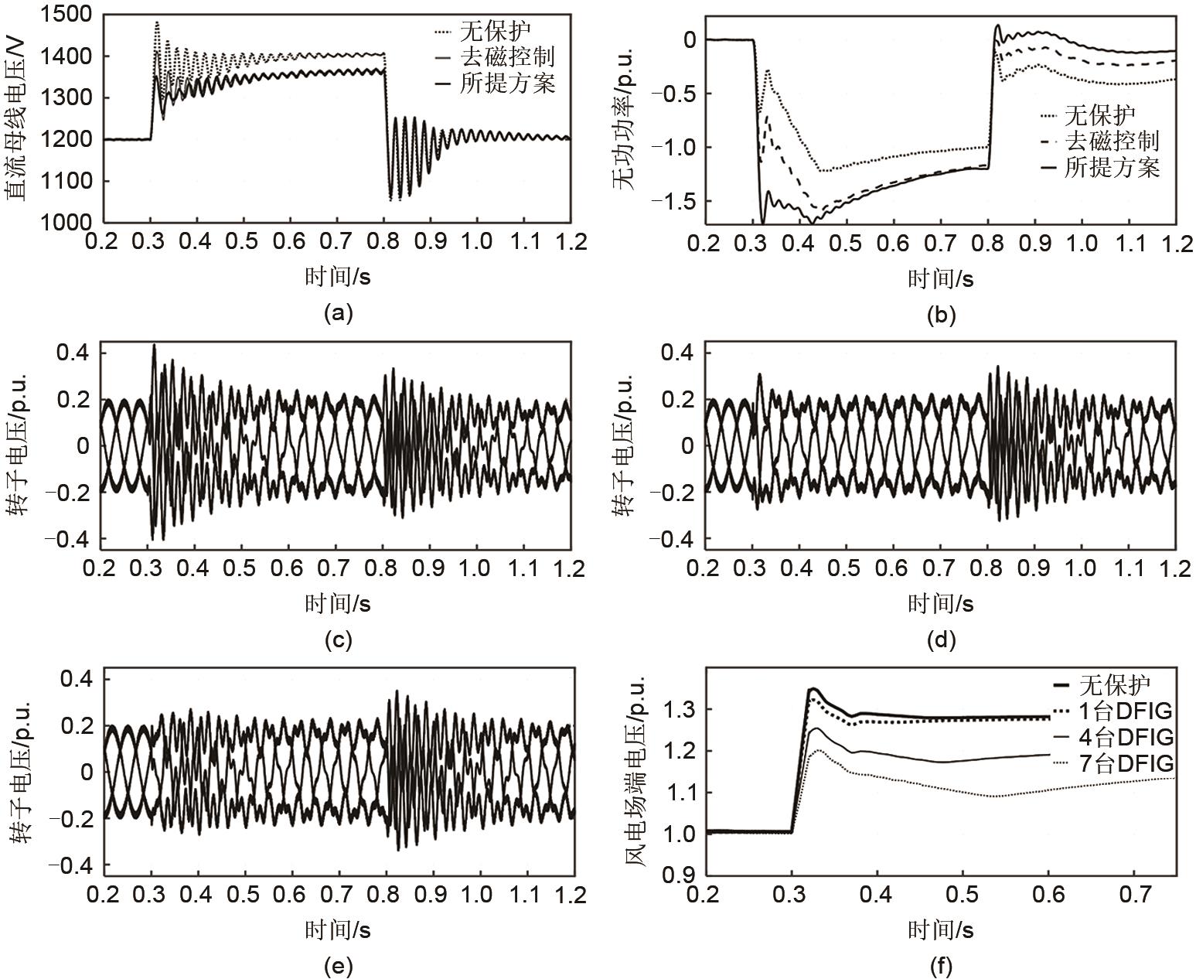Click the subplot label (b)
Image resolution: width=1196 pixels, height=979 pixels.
click(x=940, y=315)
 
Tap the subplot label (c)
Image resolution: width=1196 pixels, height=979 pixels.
click(x=339, y=640)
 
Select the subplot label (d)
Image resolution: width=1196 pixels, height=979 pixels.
click(x=940, y=640)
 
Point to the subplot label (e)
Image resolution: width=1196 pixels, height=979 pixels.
click(x=339, y=965)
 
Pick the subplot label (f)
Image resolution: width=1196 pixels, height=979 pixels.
click(x=940, y=965)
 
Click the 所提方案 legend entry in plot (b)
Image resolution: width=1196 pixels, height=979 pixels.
click(x=1112, y=167)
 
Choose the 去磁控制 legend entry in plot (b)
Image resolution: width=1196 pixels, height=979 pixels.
click(x=1112, y=141)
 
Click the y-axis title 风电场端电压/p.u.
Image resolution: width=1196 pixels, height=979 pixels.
click(x=634, y=773)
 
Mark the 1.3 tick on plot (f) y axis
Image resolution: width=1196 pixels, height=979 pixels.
click(x=678, y=710)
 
